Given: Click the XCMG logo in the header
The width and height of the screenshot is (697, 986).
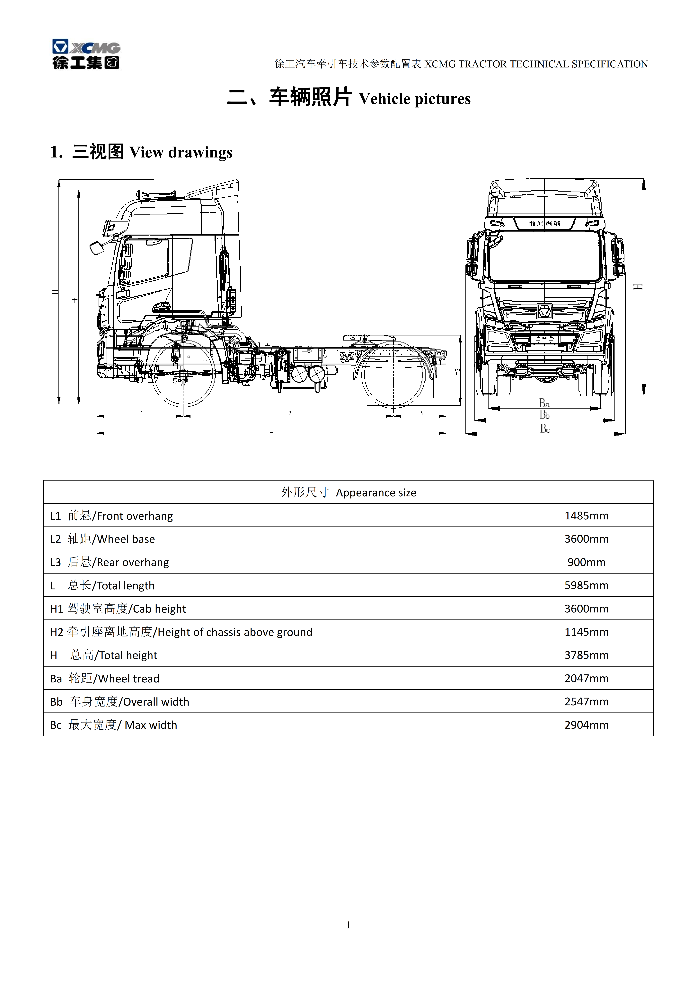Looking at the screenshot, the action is click(x=86, y=54).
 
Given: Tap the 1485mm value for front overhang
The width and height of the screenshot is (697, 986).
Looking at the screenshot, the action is click(x=586, y=515).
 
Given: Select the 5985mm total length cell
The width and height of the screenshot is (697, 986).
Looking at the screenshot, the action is click(x=586, y=585).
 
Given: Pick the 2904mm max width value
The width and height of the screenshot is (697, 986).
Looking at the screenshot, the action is click(x=586, y=724).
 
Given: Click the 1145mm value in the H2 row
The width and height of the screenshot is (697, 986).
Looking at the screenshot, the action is click(x=586, y=632).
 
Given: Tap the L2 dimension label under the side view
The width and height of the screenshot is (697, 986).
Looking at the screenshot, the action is click(x=288, y=412).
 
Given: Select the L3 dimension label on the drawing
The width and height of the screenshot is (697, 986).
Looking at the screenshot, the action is click(x=420, y=412).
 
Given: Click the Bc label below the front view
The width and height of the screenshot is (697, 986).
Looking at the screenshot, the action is click(x=545, y=428).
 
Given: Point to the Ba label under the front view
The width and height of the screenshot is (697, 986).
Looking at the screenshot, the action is click(x=544, y=403).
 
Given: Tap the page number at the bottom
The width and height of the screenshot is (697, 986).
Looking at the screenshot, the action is click(x=348, y=925).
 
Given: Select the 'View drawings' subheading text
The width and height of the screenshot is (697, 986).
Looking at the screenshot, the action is click(x=181, y=152).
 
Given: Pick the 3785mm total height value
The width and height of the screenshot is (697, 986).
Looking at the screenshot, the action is click(x=586, y=655).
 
